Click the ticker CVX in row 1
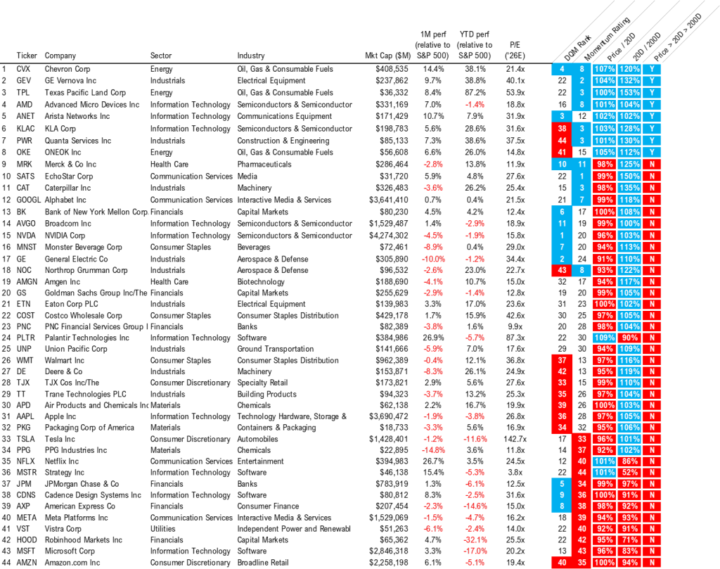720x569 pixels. [x=23, y=70]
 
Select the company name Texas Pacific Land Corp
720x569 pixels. [x=85, y=93]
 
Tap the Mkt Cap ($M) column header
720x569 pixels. [x=388, y=56]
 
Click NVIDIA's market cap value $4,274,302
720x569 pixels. [x=389, y=236]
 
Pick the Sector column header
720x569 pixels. [x=161, y=56]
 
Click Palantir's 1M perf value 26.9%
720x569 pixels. [x=427, y=338]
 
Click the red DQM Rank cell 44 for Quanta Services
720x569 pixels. [x=561, y=140]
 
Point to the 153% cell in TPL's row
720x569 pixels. [x=629, y=93]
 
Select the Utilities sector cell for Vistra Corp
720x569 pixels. [x=163, y=529]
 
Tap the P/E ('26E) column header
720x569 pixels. [x=517, y=50]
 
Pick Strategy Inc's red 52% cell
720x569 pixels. [x=629, y=473]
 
